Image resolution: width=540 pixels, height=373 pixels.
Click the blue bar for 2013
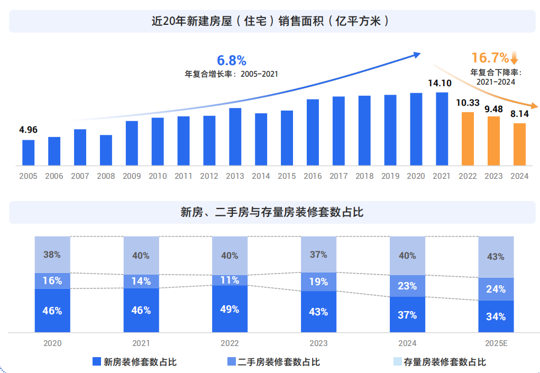pos(235,137)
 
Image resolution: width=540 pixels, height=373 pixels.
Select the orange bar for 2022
pos(468,139)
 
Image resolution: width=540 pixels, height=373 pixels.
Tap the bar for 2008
pos(106,150)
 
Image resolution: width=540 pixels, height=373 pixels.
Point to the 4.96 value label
pos(29,130)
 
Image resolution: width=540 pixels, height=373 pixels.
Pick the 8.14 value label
pos(519,113)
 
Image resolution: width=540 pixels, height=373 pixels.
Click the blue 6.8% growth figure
pos(232,61)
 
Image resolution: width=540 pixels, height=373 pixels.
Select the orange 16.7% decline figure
pos(490,58)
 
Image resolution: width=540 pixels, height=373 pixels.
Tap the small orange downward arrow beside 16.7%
pos(515,58)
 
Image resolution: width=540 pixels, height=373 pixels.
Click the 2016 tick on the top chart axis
pos(313,176)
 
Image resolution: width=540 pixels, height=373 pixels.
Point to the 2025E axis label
pos(496,343)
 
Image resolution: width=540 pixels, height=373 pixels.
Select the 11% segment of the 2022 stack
pos(230,280)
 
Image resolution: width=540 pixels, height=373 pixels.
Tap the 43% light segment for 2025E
pos(496,257)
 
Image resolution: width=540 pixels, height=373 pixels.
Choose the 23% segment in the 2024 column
pos(407,286)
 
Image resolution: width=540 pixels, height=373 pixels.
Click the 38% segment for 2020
pos(52,254)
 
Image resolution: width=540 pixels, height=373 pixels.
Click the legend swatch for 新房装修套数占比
pos(97,362)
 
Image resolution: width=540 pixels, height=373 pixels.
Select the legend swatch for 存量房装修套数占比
pos(397,362)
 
